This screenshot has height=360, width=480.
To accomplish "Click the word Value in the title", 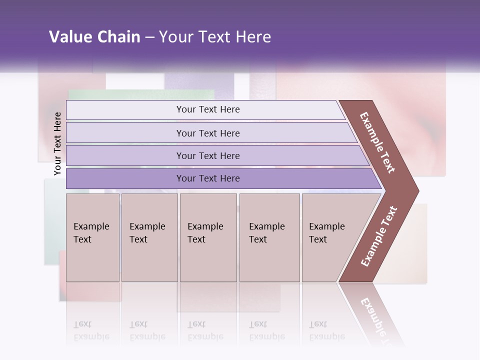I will pos(69,37).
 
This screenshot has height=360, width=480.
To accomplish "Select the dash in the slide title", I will pos(149,37).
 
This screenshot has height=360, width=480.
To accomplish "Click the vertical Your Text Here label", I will pos(57,143).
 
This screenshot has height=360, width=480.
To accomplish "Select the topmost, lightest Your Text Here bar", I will pos(207,109).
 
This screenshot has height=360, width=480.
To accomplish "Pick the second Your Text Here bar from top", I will pos(207,133).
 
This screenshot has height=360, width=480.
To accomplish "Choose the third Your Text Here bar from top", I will pos(207,155).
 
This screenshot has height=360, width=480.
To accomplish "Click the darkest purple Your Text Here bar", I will pos(207,178).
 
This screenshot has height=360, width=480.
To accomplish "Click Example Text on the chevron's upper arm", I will pos(377,142).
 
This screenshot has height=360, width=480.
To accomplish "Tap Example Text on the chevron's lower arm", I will pos(379,236).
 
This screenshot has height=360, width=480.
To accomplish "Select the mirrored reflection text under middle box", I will pos(205,330).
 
